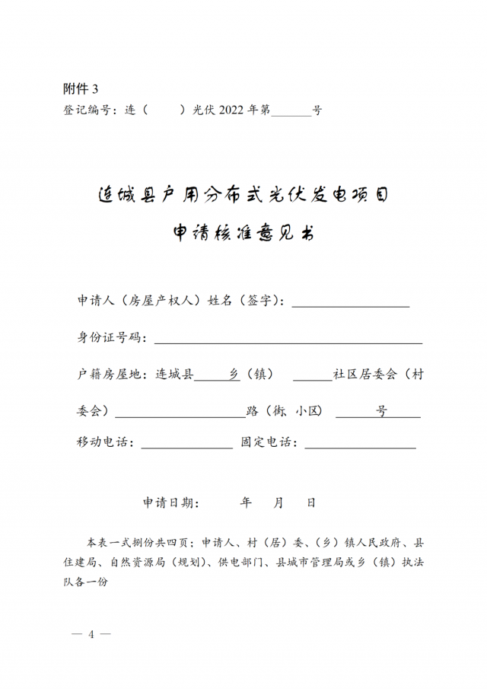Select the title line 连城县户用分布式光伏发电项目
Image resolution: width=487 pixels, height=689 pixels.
point(243,196)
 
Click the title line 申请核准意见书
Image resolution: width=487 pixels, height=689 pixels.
point(243,234)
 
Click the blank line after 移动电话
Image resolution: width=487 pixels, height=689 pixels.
point(186,445)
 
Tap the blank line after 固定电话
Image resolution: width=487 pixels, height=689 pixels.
point(360,445)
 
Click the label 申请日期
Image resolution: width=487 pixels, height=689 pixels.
point(171,503)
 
